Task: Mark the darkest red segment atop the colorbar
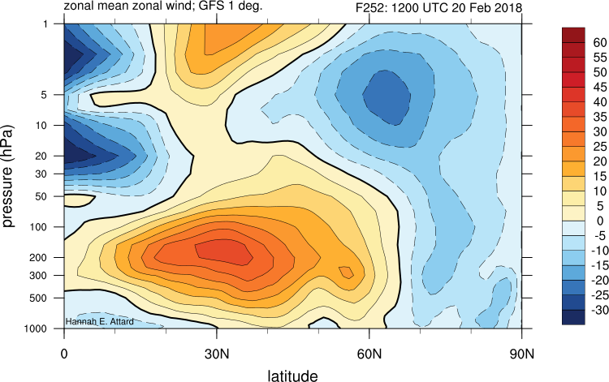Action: pos(572,34)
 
